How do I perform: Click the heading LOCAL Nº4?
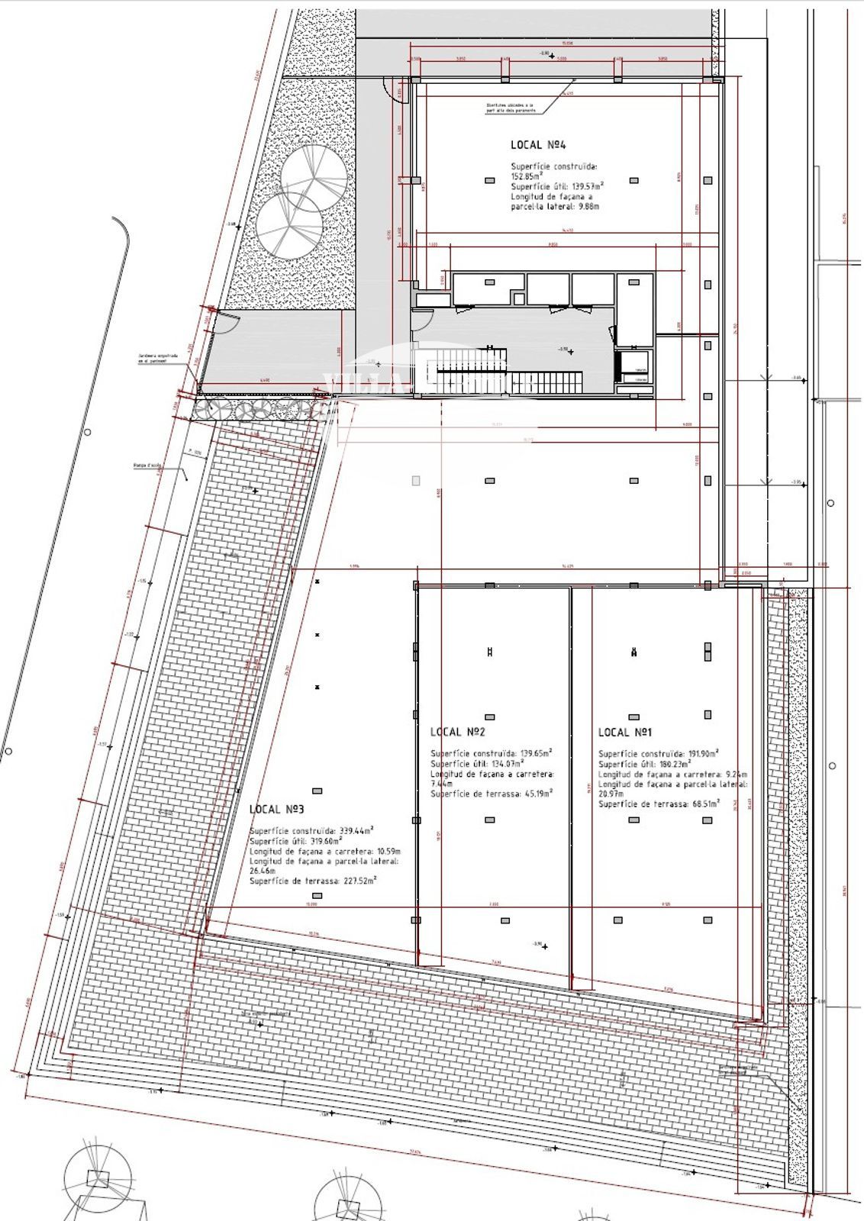(537, 144)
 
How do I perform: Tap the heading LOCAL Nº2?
(458, 732)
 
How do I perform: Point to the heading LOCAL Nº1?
(625, 733)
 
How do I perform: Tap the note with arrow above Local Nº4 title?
(510, 108)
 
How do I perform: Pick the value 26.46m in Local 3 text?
(262, 870)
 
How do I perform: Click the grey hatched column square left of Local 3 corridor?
(415, 481)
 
